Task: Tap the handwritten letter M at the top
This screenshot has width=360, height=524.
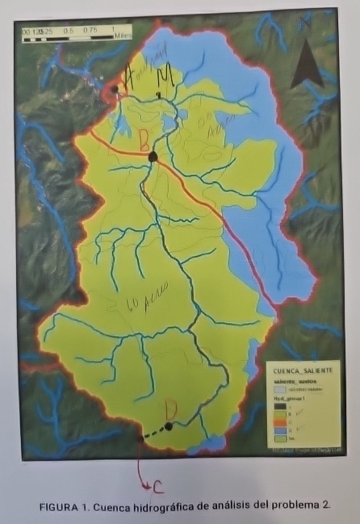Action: coord(166,78)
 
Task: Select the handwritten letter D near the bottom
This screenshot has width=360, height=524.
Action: coord(170,409)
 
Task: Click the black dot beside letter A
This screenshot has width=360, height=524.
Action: coord(115,90)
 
